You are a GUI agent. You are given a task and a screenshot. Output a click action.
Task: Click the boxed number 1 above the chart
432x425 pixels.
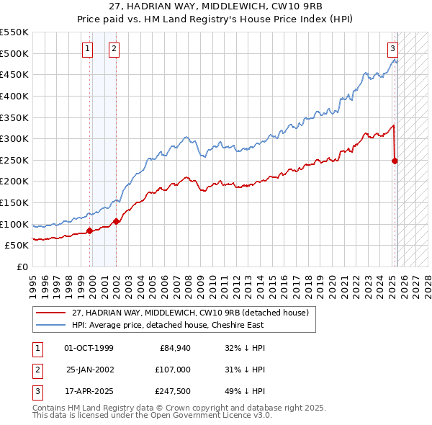click(x=87, y=49)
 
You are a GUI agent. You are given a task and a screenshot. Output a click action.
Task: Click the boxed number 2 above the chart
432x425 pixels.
click(x=114, y=49)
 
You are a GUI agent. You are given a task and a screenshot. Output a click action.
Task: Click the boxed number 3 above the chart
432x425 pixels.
click(x=392, y=49)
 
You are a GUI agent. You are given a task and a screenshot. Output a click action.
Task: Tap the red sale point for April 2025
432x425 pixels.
click(x=395, y=161)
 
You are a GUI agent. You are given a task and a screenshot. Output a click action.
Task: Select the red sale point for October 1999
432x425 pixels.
click(x=90, y=231)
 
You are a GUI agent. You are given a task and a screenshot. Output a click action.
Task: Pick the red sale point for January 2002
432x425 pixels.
click(x=116, y=221)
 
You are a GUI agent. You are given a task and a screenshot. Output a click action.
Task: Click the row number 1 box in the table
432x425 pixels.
click(x=36, y=348)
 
